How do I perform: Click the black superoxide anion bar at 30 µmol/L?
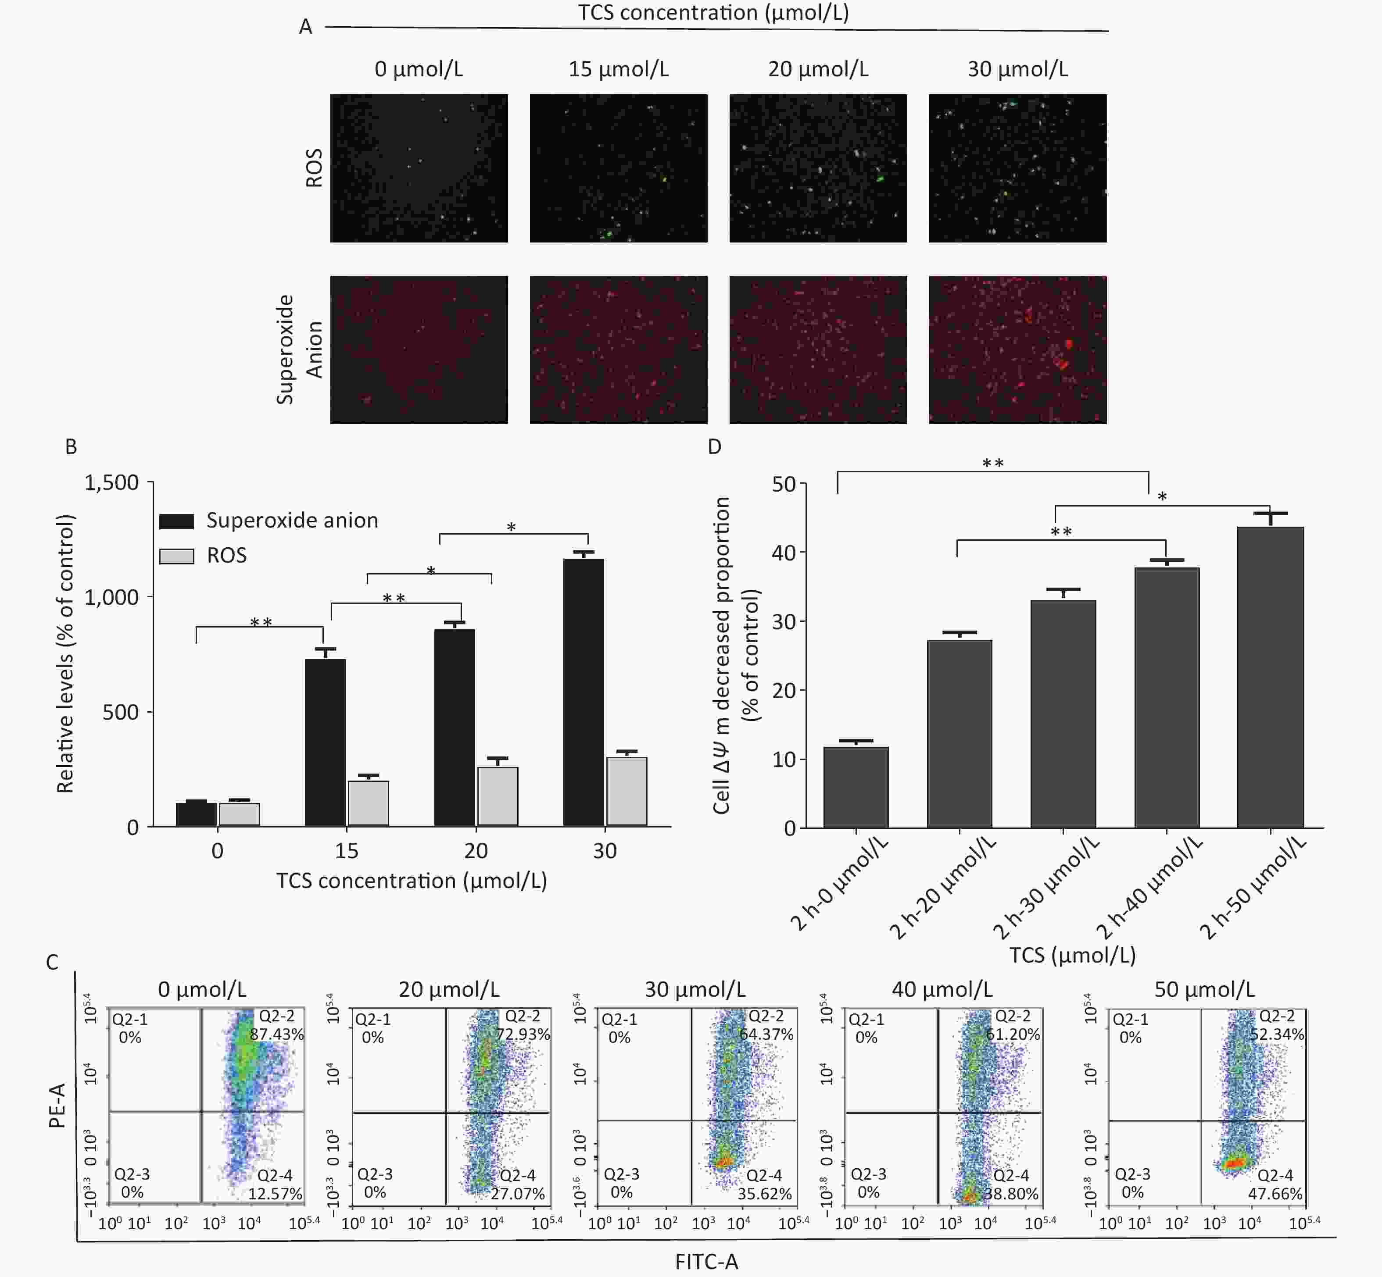584,691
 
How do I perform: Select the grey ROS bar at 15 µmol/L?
368,803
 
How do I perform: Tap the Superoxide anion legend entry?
292,521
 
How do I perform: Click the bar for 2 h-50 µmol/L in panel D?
1270,677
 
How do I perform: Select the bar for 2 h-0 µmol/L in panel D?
856,787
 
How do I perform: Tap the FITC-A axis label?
706,1262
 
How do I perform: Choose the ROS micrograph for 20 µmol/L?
818,168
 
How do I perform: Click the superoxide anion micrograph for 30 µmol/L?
1017,350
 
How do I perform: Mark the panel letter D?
715,446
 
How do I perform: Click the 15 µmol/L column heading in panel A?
618,69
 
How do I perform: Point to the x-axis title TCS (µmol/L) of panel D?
1072,955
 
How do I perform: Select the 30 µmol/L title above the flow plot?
695,989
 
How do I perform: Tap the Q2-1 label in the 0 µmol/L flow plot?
130,1019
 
